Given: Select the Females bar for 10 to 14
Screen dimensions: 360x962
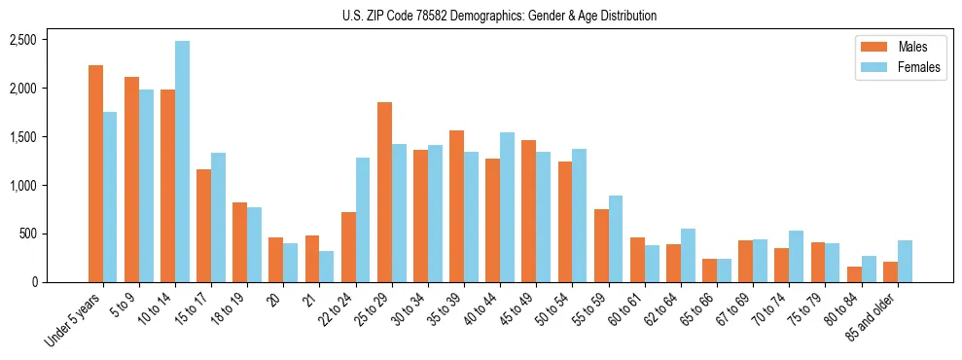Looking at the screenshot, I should click(x=182, y=162).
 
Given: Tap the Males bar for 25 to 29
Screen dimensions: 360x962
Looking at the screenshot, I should click(x=384, y=192).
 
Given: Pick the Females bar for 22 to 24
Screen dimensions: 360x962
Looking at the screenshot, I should click(x=363, y=220).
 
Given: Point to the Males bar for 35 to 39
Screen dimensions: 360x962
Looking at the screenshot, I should click(x=456, y=206).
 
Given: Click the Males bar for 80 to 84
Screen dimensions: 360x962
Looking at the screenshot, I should click(x=854, y=274).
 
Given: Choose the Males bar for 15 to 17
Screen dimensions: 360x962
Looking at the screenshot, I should click(x=203, y=226).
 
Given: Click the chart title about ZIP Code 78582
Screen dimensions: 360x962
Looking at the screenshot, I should click(x=499, y=16).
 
